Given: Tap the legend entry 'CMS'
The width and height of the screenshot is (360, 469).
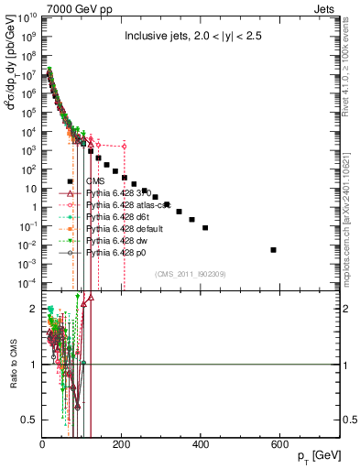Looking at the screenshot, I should (95, 181).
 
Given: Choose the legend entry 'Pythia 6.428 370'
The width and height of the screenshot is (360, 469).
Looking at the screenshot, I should (121, 193).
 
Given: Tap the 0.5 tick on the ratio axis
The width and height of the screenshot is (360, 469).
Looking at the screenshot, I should (30, 420).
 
